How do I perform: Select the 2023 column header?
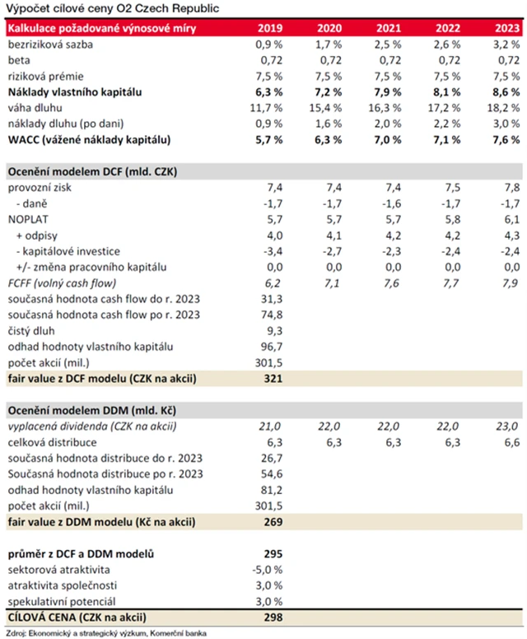click(506, 27)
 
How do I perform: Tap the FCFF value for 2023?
click(508, 283)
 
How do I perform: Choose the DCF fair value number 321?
click(273, 379)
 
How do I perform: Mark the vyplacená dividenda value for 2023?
click(506, 426)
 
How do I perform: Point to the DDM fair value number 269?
click(273, 521)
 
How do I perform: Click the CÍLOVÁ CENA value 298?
click(273, 618)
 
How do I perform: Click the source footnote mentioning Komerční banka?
click(105, 632)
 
